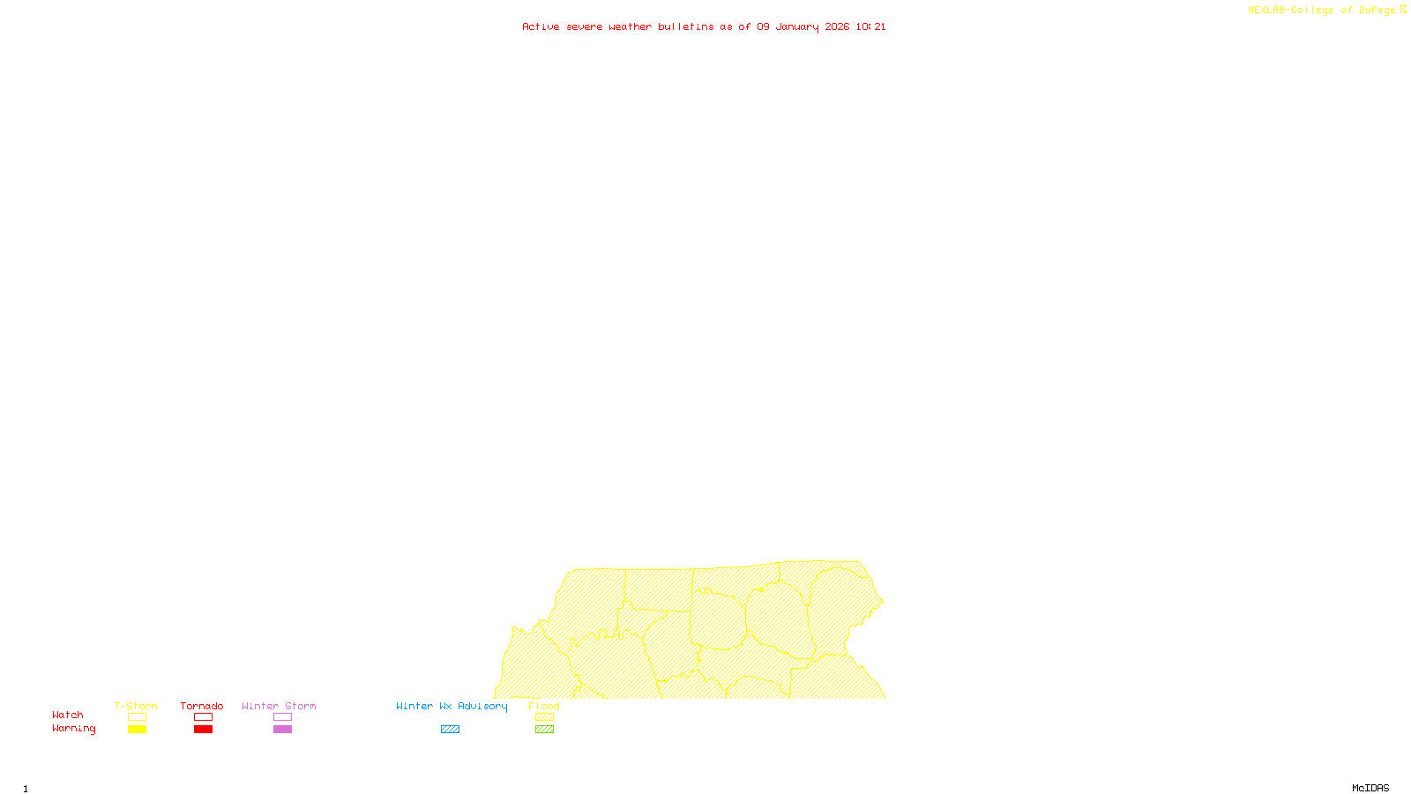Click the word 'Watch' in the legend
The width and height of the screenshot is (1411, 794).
point(68,715)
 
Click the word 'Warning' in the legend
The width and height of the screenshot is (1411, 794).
point(74,729)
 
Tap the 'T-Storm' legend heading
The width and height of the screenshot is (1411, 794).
point(136,706)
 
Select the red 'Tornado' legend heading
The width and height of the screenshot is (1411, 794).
point(202,706)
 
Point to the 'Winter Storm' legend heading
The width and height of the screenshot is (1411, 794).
point(279,706)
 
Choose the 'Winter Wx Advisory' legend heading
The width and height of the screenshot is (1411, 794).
point(452,706)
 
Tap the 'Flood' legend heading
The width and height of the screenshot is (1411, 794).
point(544,706)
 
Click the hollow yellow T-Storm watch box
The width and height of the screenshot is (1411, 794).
point(137,717)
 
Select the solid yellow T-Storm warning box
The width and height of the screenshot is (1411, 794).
point(137,730)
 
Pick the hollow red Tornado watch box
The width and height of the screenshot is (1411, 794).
point(204,717)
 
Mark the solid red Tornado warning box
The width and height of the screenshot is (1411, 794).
point(204,730)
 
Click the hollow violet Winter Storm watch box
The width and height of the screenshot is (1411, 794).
point(282,717)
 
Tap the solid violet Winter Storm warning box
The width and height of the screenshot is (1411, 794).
point(282,730)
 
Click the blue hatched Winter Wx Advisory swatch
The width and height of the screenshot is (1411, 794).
point(450,730)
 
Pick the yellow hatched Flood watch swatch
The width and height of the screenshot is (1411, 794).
point(545,717)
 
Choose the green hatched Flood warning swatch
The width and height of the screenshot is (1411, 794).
point(545,730)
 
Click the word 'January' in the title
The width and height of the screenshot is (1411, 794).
point(797,27)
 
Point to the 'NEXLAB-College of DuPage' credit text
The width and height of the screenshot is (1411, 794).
point(1321,11)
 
